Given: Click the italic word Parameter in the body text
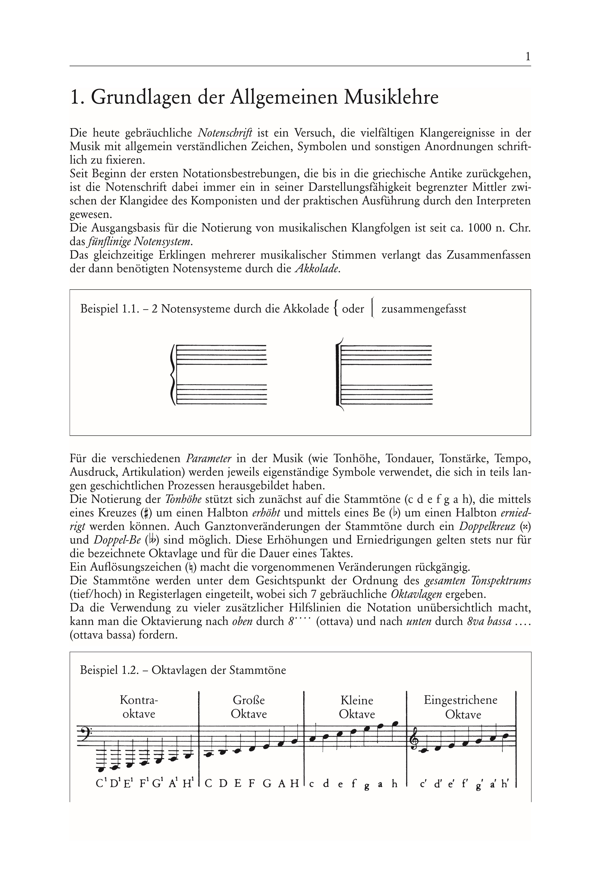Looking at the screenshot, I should [209, 459].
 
